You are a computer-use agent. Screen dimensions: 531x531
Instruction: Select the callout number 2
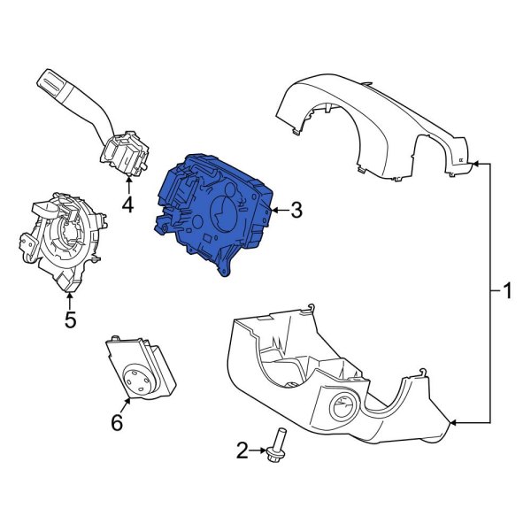(242, 451)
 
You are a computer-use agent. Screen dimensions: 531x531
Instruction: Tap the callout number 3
(296, 211)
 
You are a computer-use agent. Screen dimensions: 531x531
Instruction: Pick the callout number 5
(71, 319)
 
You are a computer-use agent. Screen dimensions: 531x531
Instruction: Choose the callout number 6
(116, 423)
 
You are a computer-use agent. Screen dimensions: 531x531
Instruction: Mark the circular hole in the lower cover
(342, 410)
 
